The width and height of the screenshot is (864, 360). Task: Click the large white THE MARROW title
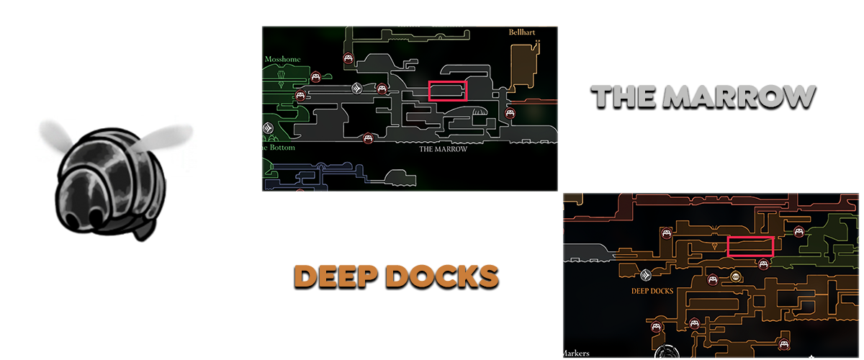pos(703,98)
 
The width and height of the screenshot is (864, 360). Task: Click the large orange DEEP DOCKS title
pos(397,276)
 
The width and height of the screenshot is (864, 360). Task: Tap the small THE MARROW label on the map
pos(444,150)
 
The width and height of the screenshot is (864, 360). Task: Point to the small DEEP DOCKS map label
pos(652,292)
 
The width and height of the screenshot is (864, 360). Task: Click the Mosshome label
pos(282,59)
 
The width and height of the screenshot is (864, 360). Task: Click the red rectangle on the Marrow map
pos(448,91)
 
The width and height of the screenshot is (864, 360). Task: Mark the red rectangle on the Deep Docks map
pos(750,246)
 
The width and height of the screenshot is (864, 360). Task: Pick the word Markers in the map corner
pos(577,353)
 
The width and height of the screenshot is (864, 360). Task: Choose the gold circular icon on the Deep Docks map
pos(736,276)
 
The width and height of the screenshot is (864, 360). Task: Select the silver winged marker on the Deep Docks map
pos(646,275)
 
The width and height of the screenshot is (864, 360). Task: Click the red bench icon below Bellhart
pos(511,113)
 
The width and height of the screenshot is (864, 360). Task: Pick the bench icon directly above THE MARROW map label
pos(369,137)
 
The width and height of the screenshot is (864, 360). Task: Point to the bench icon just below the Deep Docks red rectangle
pos(763,264)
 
